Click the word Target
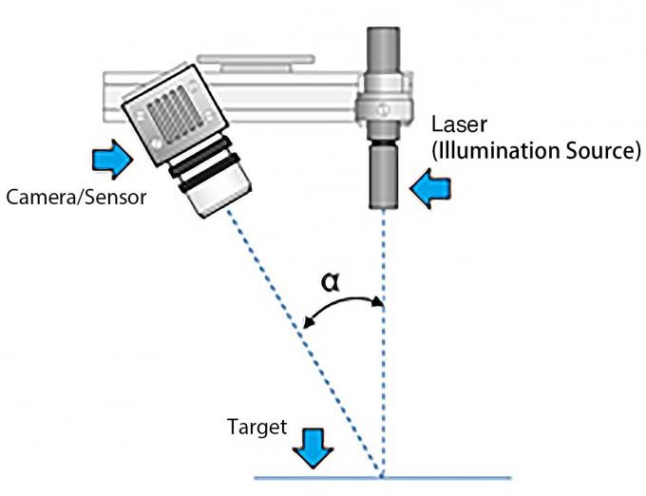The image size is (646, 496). pos(256,428)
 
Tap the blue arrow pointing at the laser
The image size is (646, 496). pos(433,190)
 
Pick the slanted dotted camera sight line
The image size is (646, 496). pos(313,342)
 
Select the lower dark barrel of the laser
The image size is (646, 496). pos(383,175)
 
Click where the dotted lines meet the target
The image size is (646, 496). pos(383,475)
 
